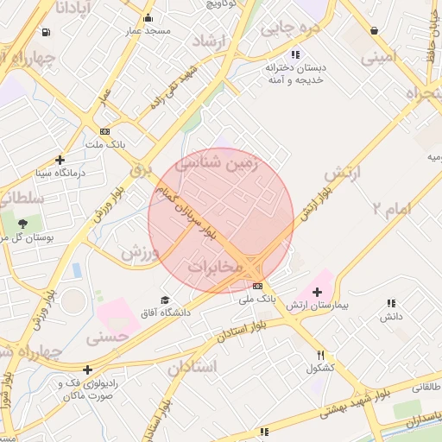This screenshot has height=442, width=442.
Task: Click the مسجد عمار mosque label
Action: point(148,31)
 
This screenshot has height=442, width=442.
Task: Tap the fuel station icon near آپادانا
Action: point(45,33)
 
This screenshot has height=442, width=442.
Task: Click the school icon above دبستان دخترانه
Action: point(296,54)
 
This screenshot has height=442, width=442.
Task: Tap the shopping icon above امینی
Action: point(374,31)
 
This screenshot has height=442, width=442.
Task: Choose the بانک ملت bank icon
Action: point(105,131)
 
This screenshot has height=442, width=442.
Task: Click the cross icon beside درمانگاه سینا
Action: point(60,159)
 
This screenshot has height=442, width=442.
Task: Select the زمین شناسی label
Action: point(217,163)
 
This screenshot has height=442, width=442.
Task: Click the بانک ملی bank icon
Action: point(257,286)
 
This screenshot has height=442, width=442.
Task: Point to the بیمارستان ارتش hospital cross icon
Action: point(317,292)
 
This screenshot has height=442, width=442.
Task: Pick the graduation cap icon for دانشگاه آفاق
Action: point(165,300)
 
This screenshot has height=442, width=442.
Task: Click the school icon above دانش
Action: point(391,304)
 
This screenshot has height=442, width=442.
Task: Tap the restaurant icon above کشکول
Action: point(320,354)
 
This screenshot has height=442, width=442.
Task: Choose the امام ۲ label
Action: point(392,207)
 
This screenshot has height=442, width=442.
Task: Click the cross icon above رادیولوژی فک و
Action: point(87,369)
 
